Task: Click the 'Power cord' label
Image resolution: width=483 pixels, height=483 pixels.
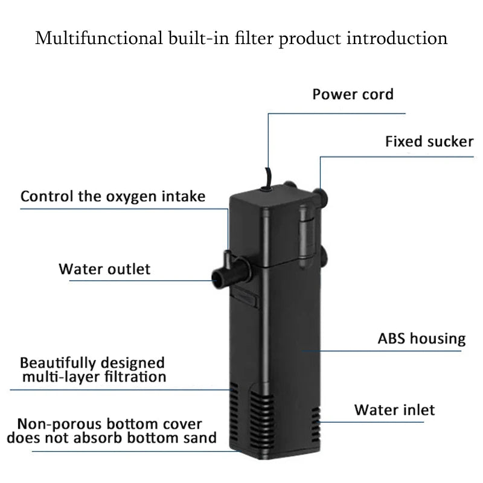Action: click(353, 94)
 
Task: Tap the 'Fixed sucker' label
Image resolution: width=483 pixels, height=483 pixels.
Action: click(429, 142)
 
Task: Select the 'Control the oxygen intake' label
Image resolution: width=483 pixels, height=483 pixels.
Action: click(113, 196)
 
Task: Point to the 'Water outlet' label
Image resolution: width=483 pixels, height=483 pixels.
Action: click(104, 269)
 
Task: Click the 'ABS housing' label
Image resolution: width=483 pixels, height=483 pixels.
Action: click(421, 339)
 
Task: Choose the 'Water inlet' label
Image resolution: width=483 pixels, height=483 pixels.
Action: click(394, 410)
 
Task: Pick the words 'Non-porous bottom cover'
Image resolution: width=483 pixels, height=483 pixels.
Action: click(109, 424)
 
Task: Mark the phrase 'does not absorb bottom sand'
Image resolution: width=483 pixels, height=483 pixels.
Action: click(116, 438)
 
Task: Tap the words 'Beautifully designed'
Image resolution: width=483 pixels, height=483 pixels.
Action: click(92, 363)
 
